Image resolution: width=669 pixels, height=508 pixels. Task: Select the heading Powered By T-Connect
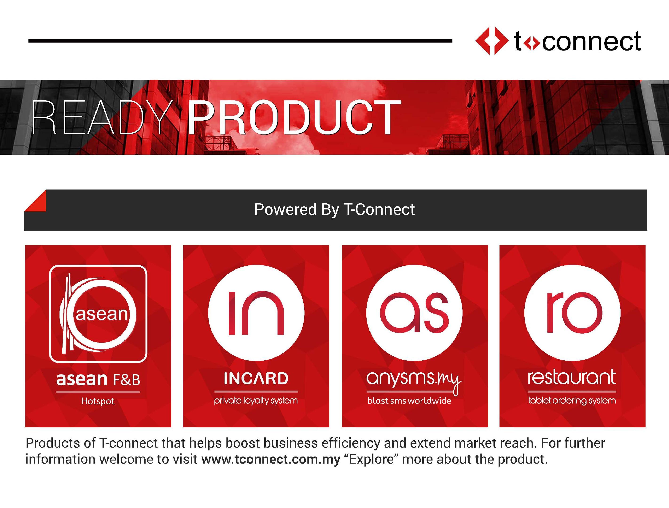pos(334,209)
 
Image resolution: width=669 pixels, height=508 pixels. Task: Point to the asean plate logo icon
pos(98,314)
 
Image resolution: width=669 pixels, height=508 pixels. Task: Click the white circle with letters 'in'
pos(256,313)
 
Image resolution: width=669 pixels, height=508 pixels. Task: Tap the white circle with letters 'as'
pos(414,313)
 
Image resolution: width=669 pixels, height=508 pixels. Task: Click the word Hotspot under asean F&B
pos(98,402)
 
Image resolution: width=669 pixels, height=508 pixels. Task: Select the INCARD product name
pos(256,378)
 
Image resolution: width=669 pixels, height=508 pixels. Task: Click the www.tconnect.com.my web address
pos(271,459)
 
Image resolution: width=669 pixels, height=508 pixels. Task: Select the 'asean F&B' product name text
pos(98,379)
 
